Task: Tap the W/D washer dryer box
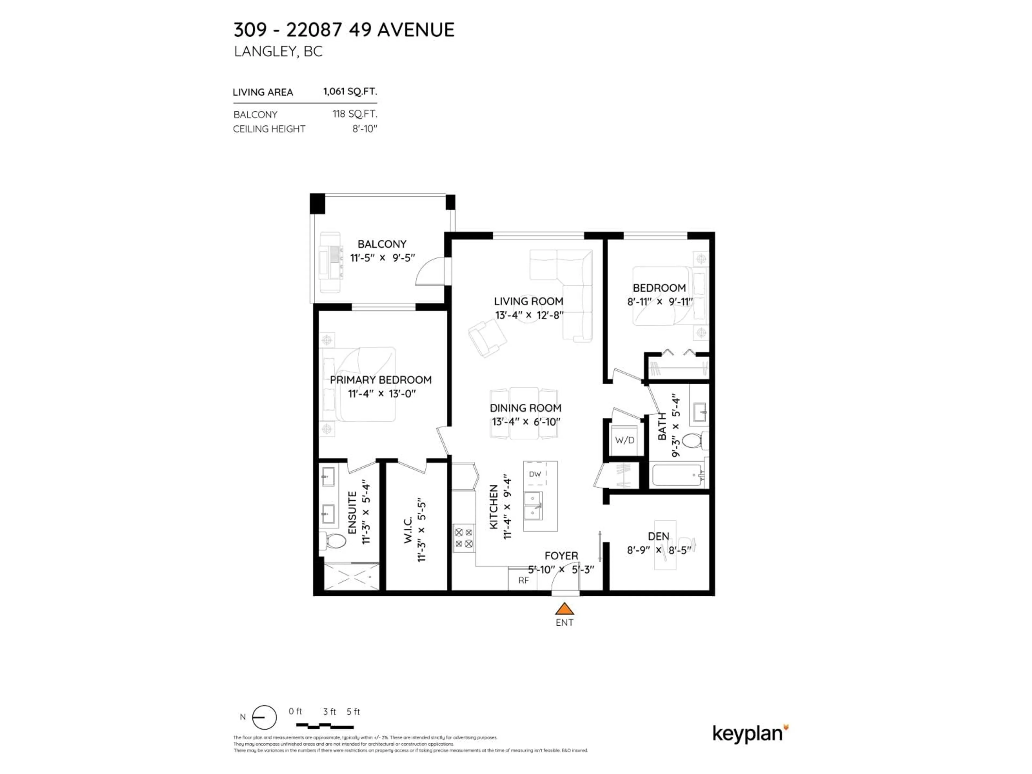coord(625,440)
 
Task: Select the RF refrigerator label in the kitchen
coord(524,580)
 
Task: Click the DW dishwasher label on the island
coord(535,474)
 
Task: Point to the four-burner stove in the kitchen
coord(464,538)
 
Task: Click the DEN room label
coord(658,536)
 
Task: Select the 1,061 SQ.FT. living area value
coord(350,91)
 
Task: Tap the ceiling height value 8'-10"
coord(364,129)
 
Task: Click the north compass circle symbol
coord(264,717)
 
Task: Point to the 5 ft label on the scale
coord(353,711)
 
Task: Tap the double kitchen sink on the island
coord(533,505)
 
